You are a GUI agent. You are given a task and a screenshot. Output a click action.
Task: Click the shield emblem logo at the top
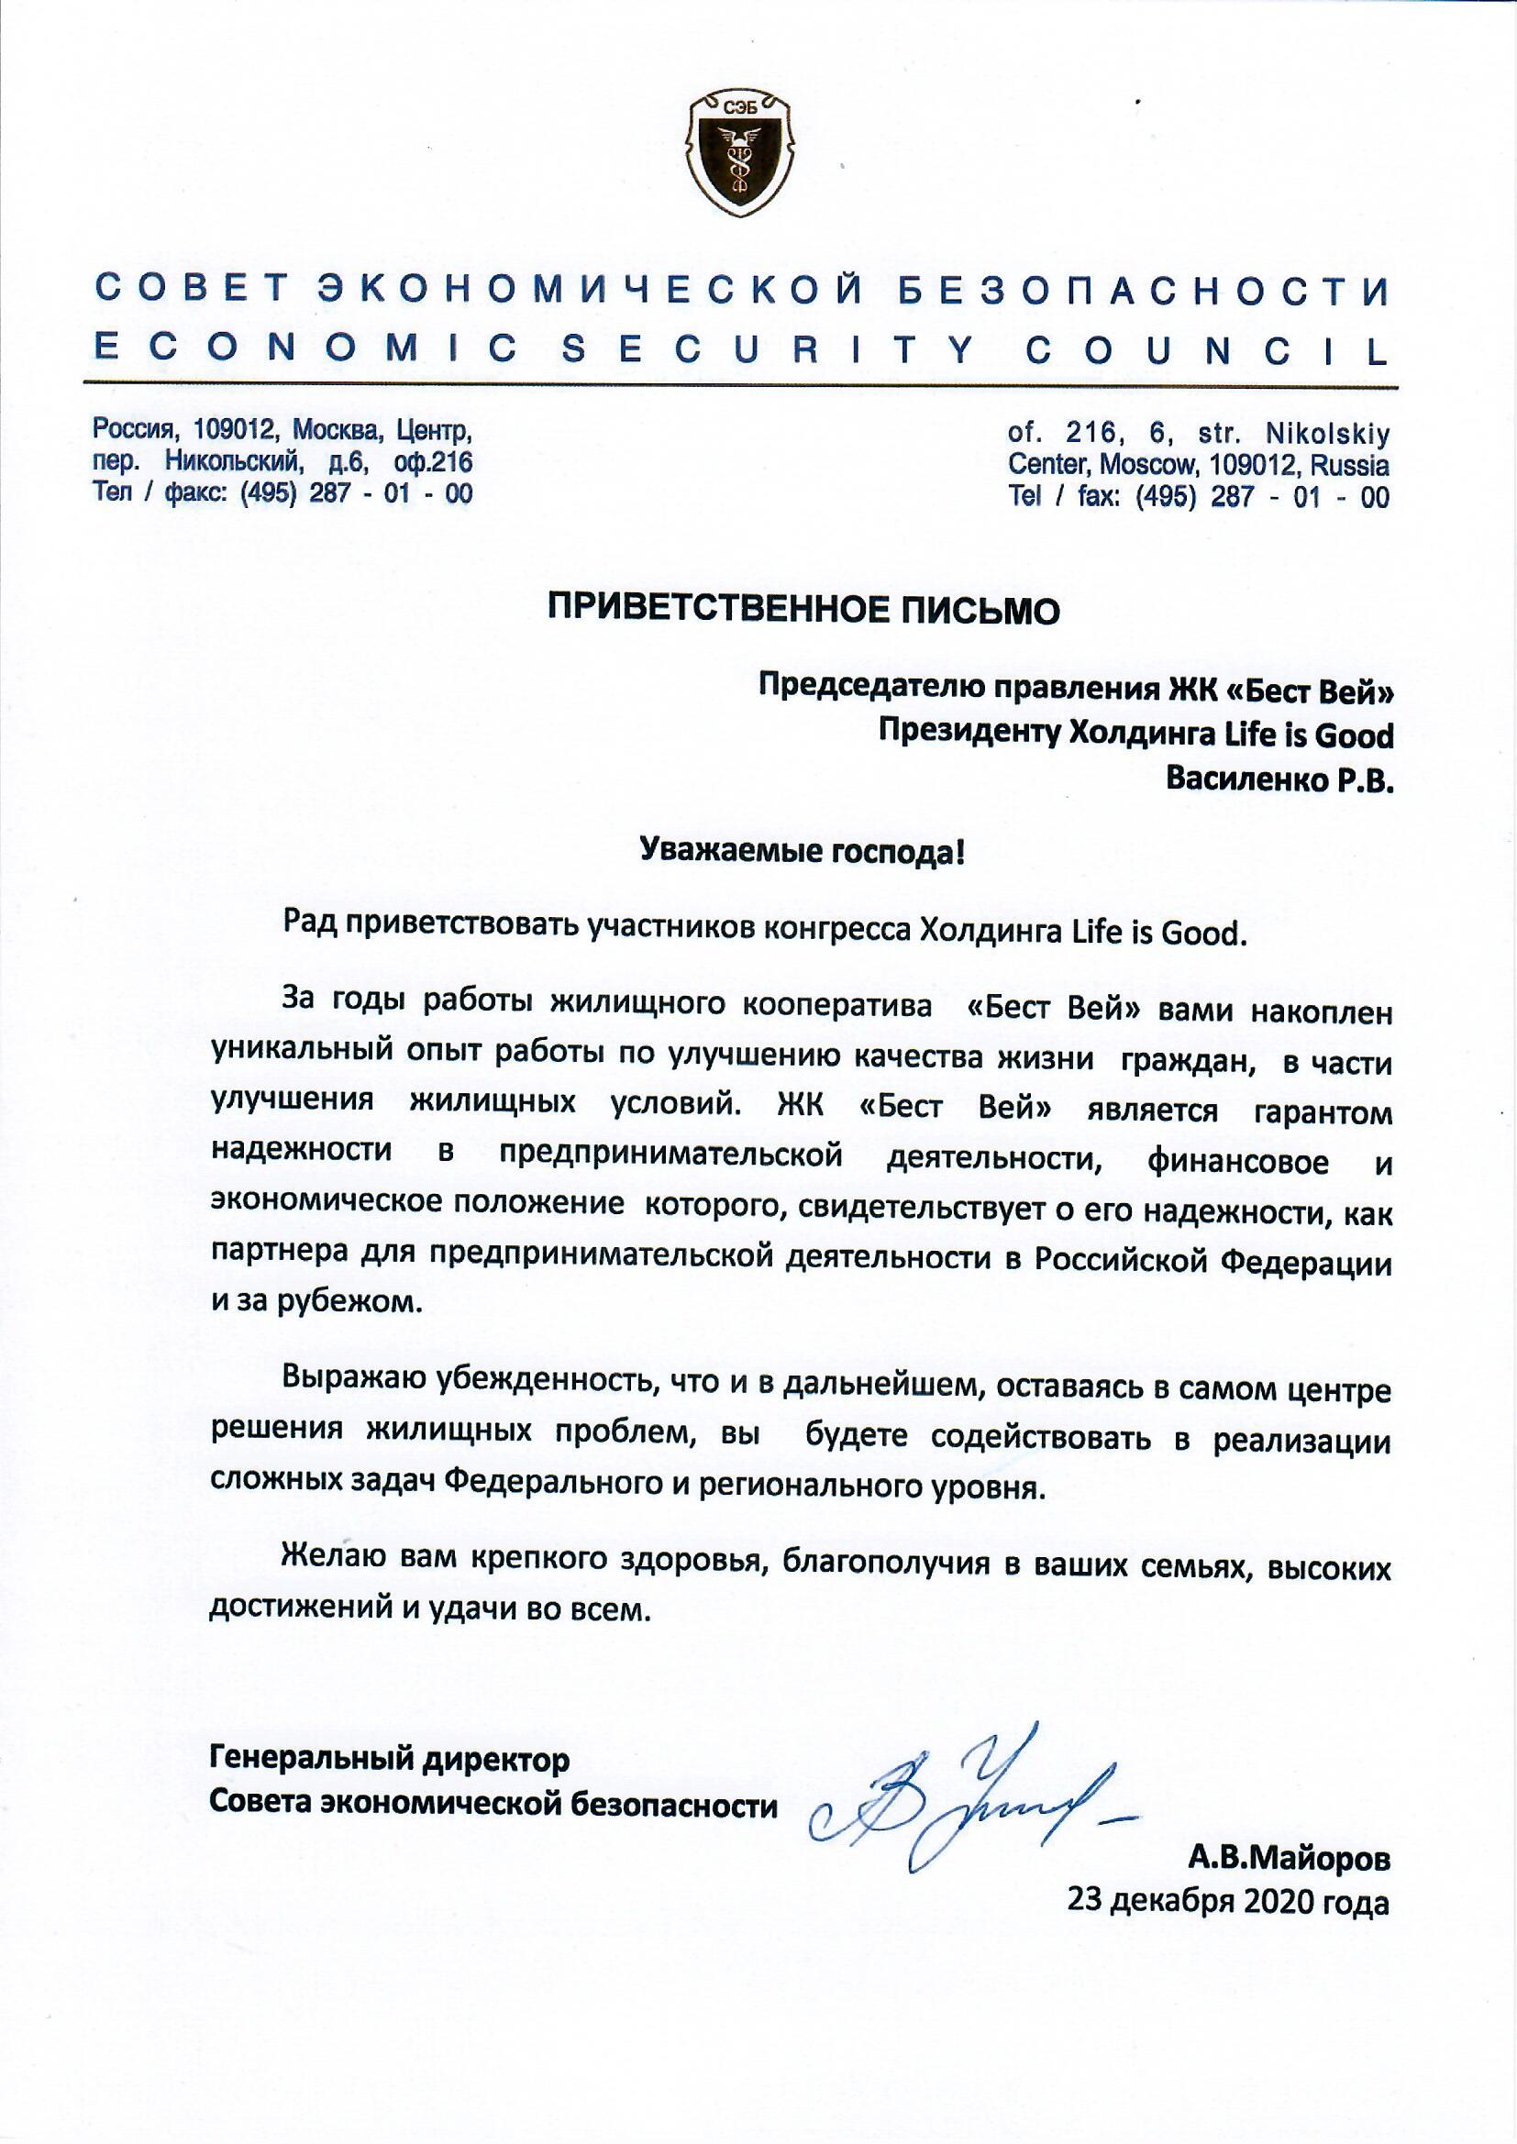[741, 151]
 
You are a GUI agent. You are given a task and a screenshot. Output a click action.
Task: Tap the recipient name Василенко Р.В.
[1279, 778]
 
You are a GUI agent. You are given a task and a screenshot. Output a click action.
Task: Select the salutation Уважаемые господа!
[803, 852]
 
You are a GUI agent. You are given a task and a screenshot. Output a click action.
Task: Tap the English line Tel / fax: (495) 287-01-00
[1199, 497]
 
